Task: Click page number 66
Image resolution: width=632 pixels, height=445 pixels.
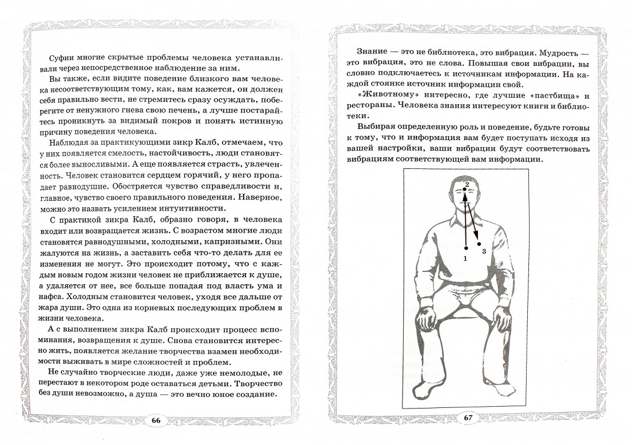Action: pyautogui.click(x=156, y=420)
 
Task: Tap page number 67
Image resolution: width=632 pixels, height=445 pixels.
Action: pyautogui.click(x=468, y=418)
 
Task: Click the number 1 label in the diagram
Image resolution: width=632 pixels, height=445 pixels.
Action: pyautogui.click(x=465, y=258)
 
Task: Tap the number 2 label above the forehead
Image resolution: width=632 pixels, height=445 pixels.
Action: pyautogui.click(x=466, y=185)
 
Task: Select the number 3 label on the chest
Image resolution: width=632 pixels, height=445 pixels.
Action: pyautogui.click(x=484, y=252)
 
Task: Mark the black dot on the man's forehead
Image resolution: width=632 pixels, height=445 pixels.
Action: pyautogui.click(x=464, y=191)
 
